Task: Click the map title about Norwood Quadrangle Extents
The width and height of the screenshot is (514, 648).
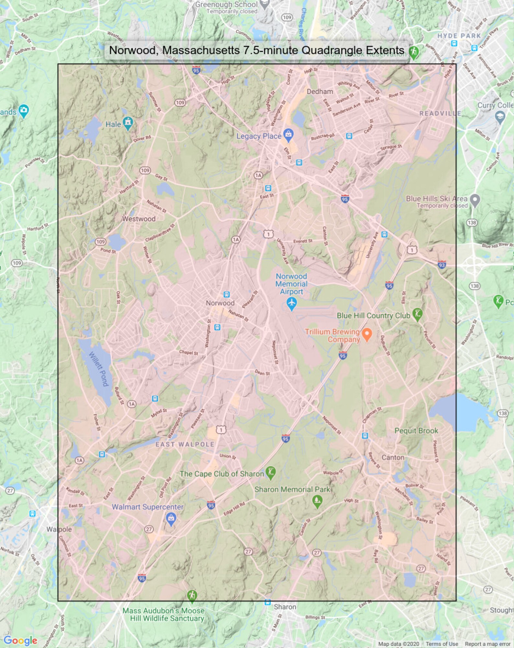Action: (256, 50)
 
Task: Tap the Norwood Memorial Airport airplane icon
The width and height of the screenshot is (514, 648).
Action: (292, 304)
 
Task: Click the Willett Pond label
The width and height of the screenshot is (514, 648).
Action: (99, 369)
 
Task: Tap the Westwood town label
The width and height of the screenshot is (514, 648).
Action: (139, 219)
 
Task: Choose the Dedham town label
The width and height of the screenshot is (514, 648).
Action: (320, 92)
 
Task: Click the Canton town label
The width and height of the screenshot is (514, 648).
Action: (393, 458)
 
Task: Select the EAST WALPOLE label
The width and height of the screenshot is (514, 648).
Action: (185, 444)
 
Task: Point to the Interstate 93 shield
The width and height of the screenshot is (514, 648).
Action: (442, 265)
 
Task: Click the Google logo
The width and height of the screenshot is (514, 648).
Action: (20, 640)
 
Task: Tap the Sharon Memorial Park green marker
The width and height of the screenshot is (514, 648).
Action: (317, 501)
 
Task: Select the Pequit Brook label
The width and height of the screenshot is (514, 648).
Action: (416, 431)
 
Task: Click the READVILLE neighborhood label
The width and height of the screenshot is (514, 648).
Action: (440, 113)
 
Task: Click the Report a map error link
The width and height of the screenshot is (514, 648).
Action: (487, 644)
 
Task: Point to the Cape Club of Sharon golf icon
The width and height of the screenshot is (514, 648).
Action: (271, 472)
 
